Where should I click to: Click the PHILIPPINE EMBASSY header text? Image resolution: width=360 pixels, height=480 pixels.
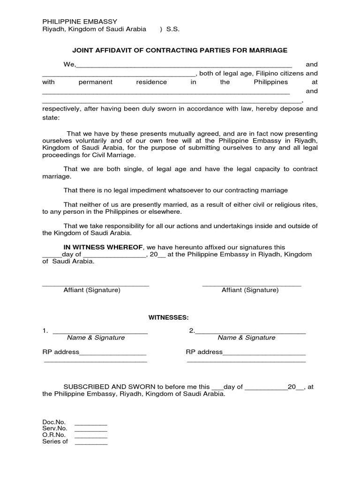[80, 21]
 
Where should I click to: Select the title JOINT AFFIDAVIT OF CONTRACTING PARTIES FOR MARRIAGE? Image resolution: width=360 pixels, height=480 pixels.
[180, 50]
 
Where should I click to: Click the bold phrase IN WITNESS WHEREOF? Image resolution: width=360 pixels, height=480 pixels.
[104, 247]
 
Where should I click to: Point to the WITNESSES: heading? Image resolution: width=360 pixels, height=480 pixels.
[169, 317]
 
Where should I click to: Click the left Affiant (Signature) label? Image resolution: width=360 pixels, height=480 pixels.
[92, 290]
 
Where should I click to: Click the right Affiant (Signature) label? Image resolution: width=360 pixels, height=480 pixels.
[250, 290]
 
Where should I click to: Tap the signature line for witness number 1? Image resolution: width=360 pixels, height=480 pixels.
[100, 331]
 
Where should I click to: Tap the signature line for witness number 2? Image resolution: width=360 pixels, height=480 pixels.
[250, 331]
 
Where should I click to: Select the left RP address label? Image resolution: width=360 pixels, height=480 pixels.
[60, 352]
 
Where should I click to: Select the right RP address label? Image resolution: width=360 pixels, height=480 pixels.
[204, 352]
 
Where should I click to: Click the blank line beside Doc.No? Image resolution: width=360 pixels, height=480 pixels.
[91, 422]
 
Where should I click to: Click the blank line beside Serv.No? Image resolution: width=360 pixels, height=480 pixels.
[91, 428]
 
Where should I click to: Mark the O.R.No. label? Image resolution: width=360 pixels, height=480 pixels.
[54, 435]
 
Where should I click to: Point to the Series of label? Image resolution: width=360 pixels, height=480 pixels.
[55, 442]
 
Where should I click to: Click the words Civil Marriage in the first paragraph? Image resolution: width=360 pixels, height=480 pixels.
[112, 155]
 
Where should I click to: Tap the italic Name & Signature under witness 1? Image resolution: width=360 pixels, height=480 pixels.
[96, 337]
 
